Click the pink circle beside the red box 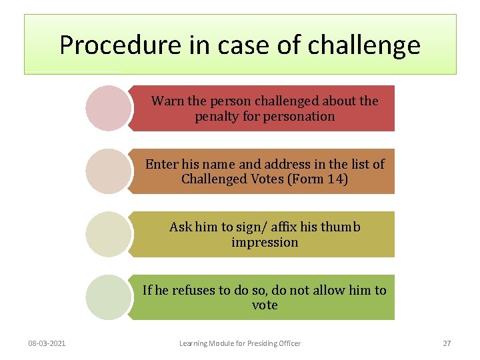(x=107, y=108)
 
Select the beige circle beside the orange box (x=107, y=171)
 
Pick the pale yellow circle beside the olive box (x=107, y=234)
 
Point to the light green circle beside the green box (x=107, y=297)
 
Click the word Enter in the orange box (x=162, y=164)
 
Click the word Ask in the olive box (x=181, y=227)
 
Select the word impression (x=265, y=242)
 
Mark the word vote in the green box (x=265, y=305)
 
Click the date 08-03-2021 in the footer (x=47, y=343)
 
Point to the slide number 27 (x=447, y=343)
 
